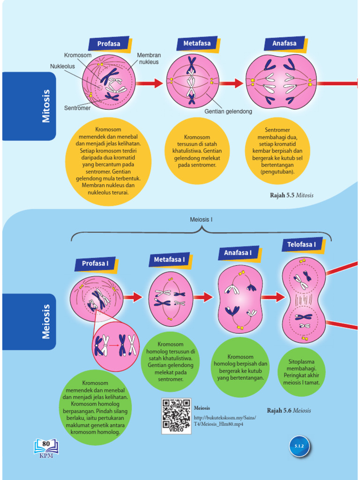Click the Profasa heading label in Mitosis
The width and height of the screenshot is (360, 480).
[x=109, y=44]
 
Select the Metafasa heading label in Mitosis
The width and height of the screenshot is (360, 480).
[x=197, y=43]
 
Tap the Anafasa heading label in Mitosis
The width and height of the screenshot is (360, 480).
[x=285, y=43]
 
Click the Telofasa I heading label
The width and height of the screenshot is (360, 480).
[x=301, y=244]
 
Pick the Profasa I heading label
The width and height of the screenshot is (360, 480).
[x=95, y=263]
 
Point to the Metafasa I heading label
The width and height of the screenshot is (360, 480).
[x=169, y=259]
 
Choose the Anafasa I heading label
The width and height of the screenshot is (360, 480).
[x=238, y=253]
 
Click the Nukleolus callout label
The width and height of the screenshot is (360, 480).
[x=62, y=66]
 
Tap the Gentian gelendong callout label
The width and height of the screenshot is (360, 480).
[x=228, y=112]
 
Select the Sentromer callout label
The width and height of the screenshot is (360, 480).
[x=77, y=108]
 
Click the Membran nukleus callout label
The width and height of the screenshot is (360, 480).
[x=149, y=59]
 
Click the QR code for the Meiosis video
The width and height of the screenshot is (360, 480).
[x=176, y=415]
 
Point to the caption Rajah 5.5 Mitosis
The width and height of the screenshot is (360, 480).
[x=292, y=195]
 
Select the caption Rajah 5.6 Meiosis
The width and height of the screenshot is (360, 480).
[x=289, y=411]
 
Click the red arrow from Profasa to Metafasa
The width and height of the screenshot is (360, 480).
[x=150, y=83]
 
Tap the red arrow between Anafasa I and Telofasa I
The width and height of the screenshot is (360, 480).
[x=273, y=297]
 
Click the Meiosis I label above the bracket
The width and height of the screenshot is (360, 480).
[x=201, y=219]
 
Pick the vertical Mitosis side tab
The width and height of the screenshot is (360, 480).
[x=46, y=106]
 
